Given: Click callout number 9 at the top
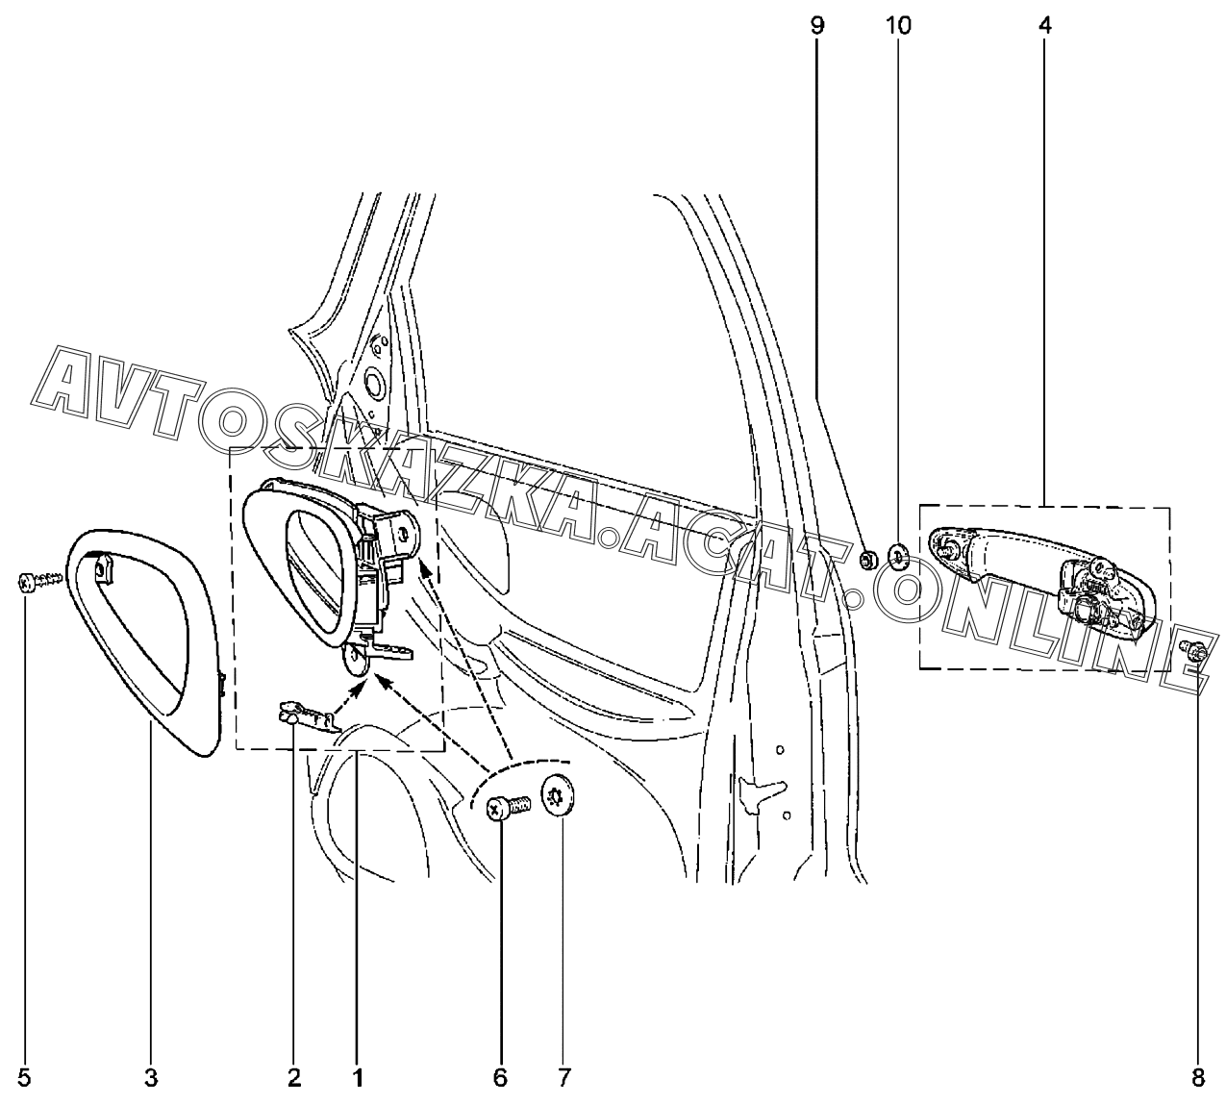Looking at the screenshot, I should click(817, 26).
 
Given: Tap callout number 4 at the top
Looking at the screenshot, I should click(1044, 26).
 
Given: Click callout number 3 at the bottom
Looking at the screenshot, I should click(151, 1078).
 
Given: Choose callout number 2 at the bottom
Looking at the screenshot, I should click(293, 1078).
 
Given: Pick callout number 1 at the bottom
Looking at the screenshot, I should click(357, 1078).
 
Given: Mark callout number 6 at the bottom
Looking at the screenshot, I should click(500, 1078).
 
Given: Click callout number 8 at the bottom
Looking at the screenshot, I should click(1199, 1078).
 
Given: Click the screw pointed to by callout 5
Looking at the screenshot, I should click(38, 581).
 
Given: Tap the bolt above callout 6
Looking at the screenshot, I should click(507, 808).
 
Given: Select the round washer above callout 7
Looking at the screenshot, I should click(559, 797).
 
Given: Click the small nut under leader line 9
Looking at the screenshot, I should click(867, 559).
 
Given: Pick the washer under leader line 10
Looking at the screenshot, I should click(899, 555).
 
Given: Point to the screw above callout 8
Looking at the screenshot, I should click(1194, 653).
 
